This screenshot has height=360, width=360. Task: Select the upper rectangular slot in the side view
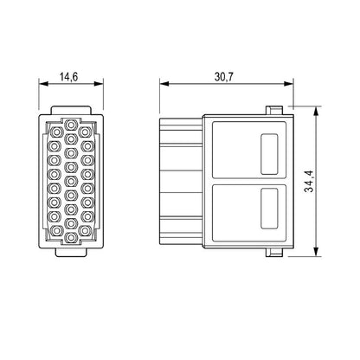pyautogui.click(x=268, y=146)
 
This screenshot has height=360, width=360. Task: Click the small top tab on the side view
pyautogui.click(x=273, y=111)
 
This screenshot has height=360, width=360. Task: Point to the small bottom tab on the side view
pyautogui.click(x=273, y=254)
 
